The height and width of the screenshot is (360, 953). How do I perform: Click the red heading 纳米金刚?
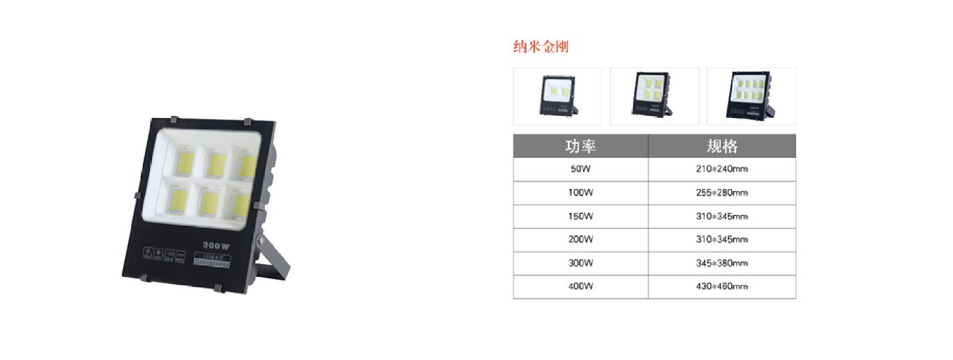click(x=541, y=47)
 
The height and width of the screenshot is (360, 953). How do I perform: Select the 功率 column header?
click(x=580, y=146)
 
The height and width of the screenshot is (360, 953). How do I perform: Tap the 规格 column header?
click(x=722, y=146)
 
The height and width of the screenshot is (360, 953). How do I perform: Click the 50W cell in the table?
click(x=580, y=169)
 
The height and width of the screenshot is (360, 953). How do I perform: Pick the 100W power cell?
click(x=580, y=193)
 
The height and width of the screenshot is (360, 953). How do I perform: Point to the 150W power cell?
click(x=580, y=216)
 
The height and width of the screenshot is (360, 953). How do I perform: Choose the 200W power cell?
click(x=580, y=239)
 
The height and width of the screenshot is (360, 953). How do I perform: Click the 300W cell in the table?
click(x=580, y=263)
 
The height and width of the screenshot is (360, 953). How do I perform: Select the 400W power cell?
click(x=580, y=287)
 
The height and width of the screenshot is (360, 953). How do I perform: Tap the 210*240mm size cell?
click(x=722, y=169)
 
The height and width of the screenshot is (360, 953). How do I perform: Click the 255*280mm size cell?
click(x=722, y=193)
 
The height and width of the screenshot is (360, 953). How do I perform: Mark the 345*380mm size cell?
click(x=722, y=263)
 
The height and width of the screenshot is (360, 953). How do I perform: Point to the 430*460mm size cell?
click(x=722, y=287)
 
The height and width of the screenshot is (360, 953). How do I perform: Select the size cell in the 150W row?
click(x=722, y=216)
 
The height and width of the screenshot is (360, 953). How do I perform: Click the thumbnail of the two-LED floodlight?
click(x=557, y=96)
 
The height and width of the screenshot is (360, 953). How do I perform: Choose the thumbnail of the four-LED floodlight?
click(x=654, y=96)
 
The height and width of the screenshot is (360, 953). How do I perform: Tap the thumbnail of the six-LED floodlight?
click(x=751, y=96)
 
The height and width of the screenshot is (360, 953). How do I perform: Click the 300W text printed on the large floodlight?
click(x=216, y=245)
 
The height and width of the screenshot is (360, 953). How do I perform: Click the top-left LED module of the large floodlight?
click(x=183, y=160)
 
